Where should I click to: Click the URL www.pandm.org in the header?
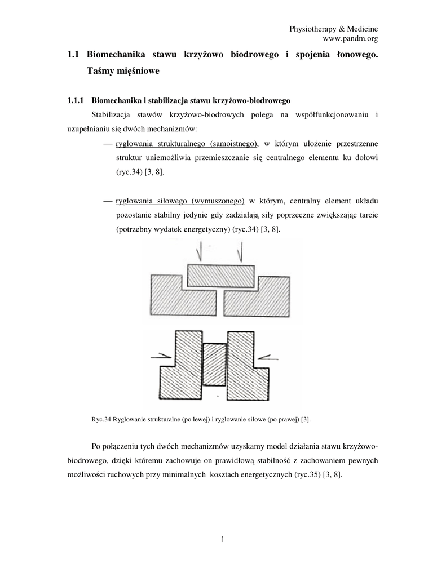tap(349, 38)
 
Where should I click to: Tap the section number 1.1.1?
tap(76, 101)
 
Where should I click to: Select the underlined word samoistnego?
tap(232, 143)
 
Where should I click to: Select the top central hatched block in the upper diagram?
tap(220, 276)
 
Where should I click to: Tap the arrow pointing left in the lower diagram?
tap(267, 355)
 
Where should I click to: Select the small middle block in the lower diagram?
tap(214, 365)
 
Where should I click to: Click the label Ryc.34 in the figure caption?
tap(102, 419)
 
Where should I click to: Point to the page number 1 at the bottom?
tap(223, 540)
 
